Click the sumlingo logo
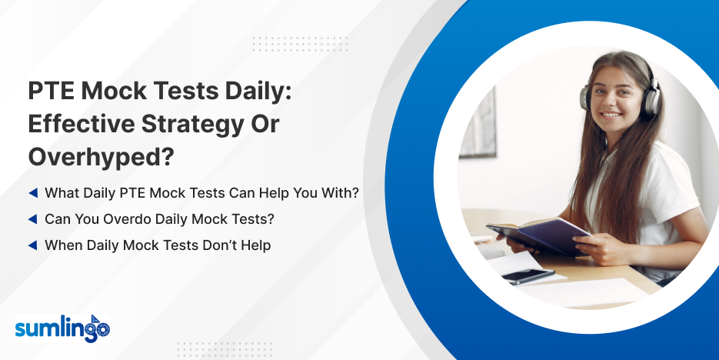tap(63, 328)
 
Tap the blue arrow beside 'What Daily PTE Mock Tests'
tap(33, 193)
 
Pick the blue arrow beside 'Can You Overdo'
tap(33, 219)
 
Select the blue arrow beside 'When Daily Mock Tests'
tap(33, 245)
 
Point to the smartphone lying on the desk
tap(528, 276)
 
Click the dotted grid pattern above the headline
tap(300, 44)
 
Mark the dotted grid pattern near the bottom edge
tap(225, 349)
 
